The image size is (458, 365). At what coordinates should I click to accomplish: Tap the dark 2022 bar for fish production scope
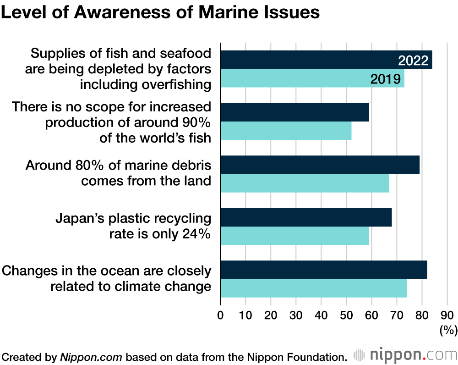click(x=294, y=112)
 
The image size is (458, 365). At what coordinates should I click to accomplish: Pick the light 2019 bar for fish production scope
click(x=286, y=131)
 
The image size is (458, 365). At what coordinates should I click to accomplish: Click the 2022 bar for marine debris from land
click(x=320, y=165)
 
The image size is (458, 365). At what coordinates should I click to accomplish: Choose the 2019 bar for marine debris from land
click(x=305, y=183)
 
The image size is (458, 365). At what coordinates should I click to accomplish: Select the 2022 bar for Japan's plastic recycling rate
click(x=306, y=217)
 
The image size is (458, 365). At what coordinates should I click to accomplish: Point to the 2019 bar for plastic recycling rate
click(x=294, y=235)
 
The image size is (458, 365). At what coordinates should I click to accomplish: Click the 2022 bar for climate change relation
click(x=323, y=269)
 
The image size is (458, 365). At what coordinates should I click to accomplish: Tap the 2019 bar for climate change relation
click(x=313, y=288)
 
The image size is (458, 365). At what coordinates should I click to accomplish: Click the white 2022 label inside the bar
click(x=413, y=61)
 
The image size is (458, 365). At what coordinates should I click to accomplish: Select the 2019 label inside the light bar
click(x=386, y=79)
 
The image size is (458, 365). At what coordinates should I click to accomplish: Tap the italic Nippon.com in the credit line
click(x=91, y=357)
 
